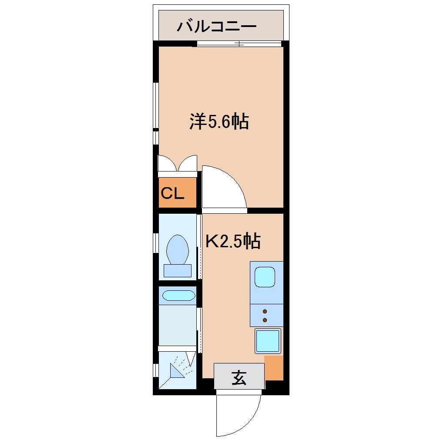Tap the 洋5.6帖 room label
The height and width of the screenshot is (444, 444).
coord(219,121)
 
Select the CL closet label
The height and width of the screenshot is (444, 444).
coord(173,193)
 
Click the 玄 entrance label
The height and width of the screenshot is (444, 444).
coord(239,377)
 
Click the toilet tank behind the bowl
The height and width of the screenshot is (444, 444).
coord(177,271)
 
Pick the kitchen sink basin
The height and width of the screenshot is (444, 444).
coord(265,277)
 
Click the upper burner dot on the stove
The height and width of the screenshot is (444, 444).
coord(265,311)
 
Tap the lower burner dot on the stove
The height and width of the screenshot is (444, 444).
coord(265,320)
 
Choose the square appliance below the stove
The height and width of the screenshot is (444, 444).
coord(267,341)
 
